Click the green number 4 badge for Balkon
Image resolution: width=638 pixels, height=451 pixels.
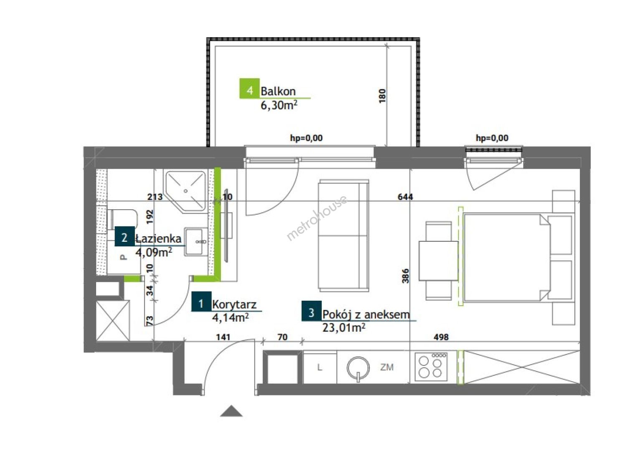pyautogui.click(x=249, y=88)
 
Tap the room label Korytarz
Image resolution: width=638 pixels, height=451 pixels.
pyautogui.click(x=234, y=305)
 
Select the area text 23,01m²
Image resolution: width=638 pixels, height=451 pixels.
pyautogui.click(x=344, y=328)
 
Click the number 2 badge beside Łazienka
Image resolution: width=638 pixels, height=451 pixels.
pyautogui.click(x=125, y=236)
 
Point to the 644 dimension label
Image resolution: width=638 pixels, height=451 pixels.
pyautogui.click(x=405, y=197)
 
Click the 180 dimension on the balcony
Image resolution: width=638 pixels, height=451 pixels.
pyautogui.click(x=383, y=96)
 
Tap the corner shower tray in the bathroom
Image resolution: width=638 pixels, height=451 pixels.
pyautogui.click(x=186, y=192)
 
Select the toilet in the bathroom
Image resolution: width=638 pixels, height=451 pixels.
pyautogui.click(x=122, y=220)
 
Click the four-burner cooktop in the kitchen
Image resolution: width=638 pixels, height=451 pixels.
pyautogui.click(x=431, y=367)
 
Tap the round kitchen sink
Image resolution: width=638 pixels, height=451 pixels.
pyautogui.click(x=358, y=368)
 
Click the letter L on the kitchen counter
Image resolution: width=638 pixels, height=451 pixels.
pyautogui.click(x=320, y=367)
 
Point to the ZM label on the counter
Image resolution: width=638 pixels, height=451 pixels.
pyautogui.click(x=387, y=367)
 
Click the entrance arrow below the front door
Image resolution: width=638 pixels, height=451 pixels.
pyautogui.click(x=231, y=411)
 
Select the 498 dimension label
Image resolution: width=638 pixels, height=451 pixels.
pyautogui.click(x=441, y=337)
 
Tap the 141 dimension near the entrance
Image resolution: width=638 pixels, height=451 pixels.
pyautogui.click(x=223, y=337)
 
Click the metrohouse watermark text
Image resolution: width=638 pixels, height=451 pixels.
pyautogui.click(x=317, y=218)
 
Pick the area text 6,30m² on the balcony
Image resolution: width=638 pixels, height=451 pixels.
pyautogui.click(x=279, y=105)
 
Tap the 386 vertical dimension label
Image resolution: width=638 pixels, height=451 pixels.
pyautogui.click(x=406, y=276)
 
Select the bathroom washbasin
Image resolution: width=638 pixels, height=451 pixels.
pyautogui.click(x=196, y=241)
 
